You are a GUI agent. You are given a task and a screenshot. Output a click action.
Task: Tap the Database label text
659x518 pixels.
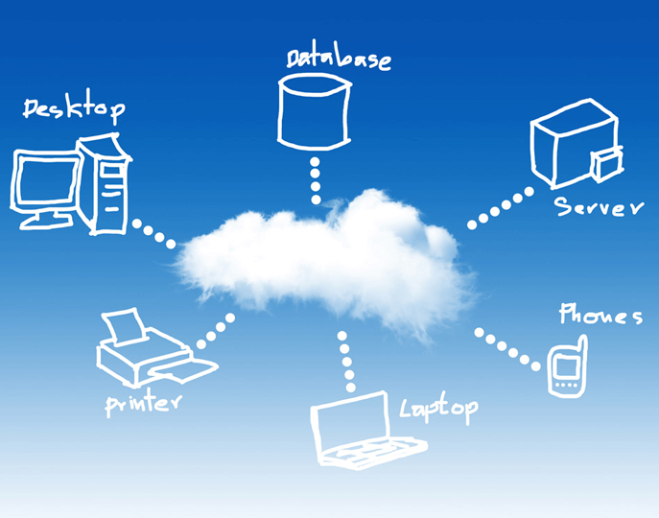[339, 59]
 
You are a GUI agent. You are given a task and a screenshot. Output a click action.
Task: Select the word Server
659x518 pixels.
[599, 206]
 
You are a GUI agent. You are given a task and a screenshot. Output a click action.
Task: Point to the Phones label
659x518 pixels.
[600, 314]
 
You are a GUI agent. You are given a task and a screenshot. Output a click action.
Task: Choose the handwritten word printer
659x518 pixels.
[143, 404]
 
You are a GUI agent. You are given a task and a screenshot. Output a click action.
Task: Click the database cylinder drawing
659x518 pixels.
[315, 112]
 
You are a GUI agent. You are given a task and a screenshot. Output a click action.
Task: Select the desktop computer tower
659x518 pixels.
[104, 184]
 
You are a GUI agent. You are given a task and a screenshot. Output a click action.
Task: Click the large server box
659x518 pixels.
[573, 143]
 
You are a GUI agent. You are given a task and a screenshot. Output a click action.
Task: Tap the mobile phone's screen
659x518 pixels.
[565, 366]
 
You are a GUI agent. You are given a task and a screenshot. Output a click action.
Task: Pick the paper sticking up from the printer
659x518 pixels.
[125, 325]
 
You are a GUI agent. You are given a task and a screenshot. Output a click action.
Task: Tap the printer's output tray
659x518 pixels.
[183, 371]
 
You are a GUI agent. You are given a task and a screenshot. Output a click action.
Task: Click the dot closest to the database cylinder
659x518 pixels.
[315, 162]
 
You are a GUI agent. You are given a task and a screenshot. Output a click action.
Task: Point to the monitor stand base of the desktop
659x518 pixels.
[46, 222]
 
